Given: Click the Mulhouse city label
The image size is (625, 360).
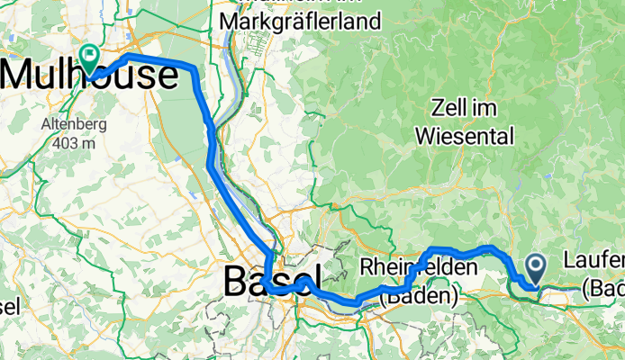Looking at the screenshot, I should [x=90, y=76].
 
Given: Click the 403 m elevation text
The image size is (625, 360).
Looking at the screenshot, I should [x=63, y=142].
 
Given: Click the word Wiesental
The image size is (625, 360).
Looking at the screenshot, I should [x=465, y=137].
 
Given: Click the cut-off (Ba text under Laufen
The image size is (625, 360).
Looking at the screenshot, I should [x=603, y=289].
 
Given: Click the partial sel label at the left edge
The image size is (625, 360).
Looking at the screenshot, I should [x=10, y=306].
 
